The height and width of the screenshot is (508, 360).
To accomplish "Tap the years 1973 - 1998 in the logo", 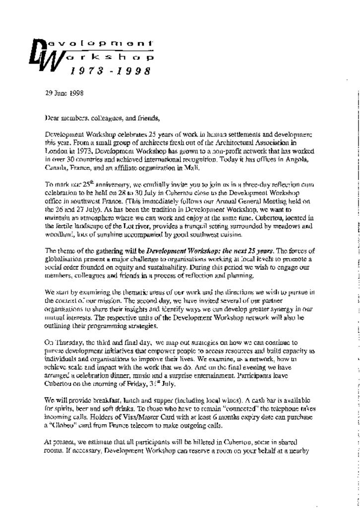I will point(110,71).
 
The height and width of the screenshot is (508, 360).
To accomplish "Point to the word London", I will point(55,150).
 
